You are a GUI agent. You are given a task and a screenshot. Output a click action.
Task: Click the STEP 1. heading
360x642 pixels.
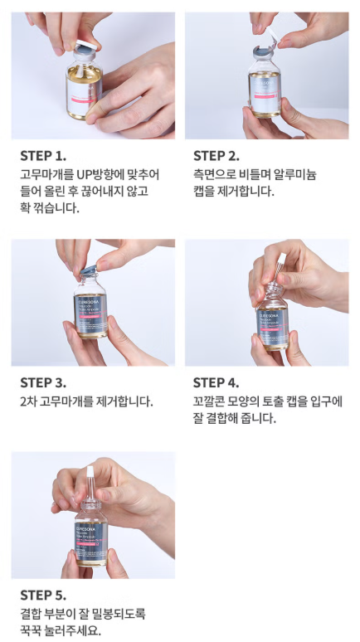43,156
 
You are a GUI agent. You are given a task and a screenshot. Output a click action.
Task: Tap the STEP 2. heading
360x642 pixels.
216,156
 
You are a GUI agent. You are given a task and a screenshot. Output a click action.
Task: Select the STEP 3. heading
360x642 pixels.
43,383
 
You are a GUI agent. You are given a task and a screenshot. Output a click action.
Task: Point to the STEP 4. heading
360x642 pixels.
216,383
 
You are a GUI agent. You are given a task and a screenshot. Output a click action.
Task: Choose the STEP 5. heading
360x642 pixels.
43,595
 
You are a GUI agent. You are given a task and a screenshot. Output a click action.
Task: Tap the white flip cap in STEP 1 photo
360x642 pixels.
86,44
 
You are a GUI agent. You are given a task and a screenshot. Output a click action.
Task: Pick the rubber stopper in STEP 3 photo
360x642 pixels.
89,269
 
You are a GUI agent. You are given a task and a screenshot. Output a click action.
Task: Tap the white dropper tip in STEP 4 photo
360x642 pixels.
281,258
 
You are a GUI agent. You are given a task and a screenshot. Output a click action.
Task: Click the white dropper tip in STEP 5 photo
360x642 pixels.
90,471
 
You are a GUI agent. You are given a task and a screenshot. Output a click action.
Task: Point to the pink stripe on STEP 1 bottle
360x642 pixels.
84,100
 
